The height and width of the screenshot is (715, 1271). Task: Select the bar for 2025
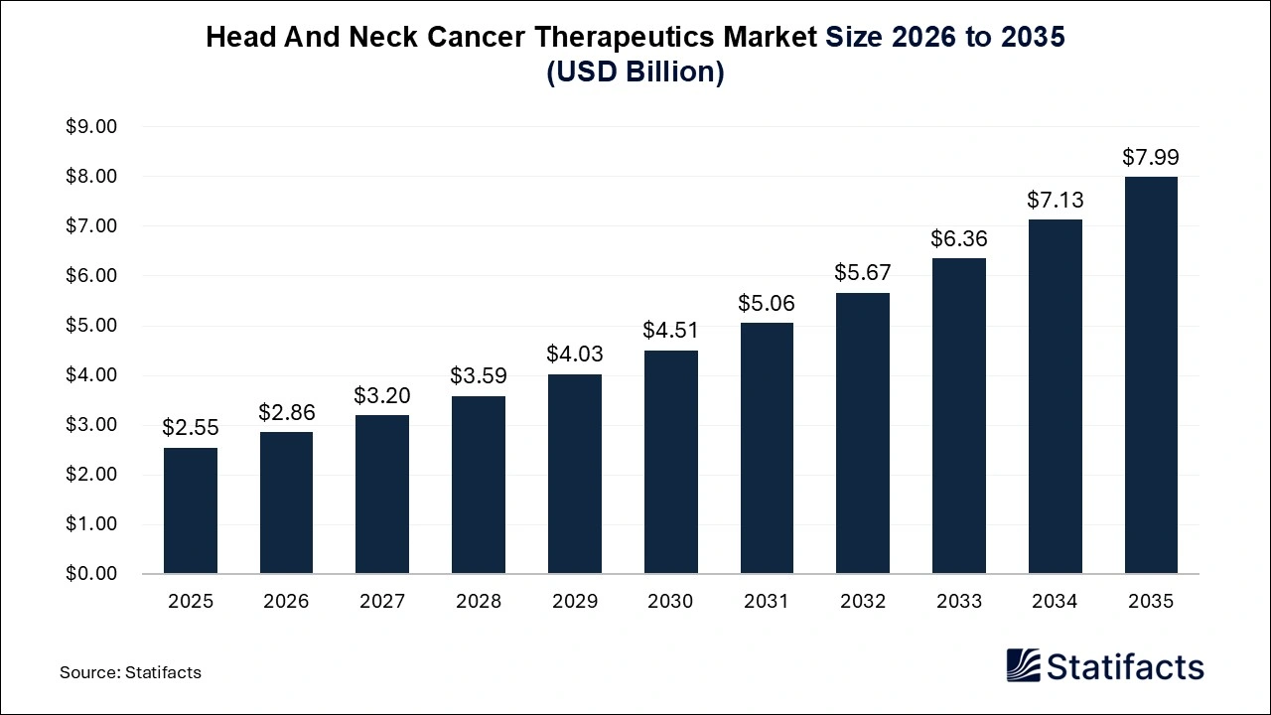(x=191, y=510)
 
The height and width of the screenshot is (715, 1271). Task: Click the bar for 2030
(x=670, y=462)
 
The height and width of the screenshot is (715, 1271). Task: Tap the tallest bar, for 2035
(x=1151, y=375)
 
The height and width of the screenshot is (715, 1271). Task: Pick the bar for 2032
(x=863, y=433)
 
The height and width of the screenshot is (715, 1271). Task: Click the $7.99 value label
(x=1151, y=157)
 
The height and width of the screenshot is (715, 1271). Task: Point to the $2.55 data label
(x=191, y=428)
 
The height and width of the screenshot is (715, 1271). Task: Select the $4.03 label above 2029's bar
(x=575, y=354)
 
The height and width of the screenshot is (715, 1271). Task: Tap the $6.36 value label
(x=958, y=238)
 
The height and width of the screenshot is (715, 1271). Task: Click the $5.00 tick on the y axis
(x=91, y=326)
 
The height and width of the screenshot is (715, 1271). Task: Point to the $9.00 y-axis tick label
(x=91, y=127)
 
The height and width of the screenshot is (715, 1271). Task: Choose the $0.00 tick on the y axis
(x=91, y=574)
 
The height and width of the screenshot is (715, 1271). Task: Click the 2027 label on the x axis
(x=382, y=602)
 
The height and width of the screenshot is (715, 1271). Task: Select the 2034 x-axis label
(x=1055, y=602)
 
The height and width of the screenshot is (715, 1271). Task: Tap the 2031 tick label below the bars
(x=767, y=602)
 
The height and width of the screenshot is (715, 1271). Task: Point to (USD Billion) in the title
(x=635, y=72)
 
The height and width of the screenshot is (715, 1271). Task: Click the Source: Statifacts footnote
(x=130, y=672)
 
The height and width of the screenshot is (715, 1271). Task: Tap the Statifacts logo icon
(x=1023, y=665)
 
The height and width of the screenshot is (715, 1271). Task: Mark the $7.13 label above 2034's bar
(x=1055, y=200)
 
